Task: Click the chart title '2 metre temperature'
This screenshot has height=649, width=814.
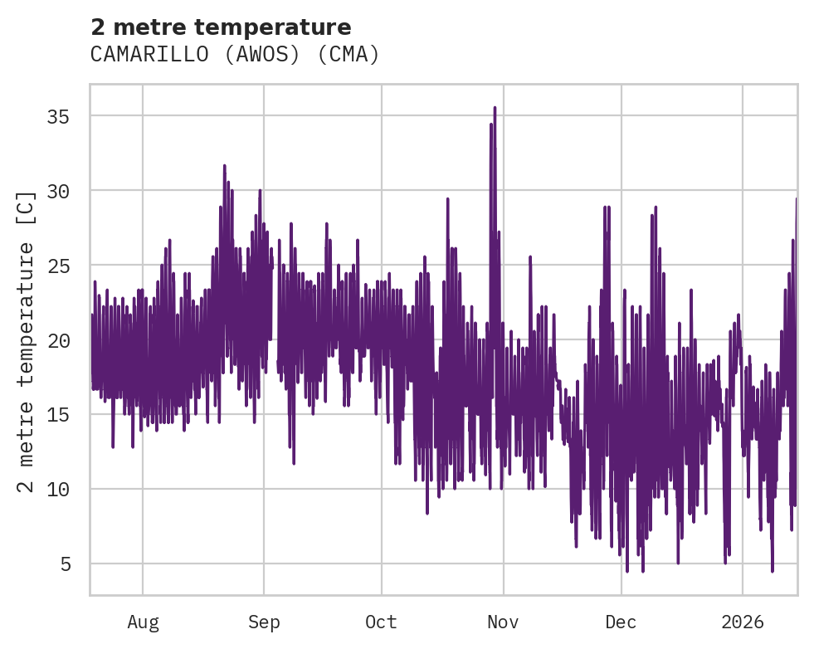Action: (x=221, y=27)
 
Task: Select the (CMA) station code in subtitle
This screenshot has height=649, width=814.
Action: (x=349, y=55)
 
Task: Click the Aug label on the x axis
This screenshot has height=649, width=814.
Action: (x=143, y=622)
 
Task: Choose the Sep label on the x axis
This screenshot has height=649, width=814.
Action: (x=264, y=622)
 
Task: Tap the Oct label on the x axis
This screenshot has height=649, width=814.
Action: (x=382, y=622)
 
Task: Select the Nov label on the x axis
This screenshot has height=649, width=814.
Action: (x=503, y=622)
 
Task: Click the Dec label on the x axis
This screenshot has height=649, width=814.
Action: (x=621, y=622)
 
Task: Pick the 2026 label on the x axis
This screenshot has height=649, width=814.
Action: (x=742, y=622)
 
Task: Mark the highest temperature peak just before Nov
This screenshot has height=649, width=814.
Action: (x=495, y=108)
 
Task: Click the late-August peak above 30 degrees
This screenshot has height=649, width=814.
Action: (x=224, y=166)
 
